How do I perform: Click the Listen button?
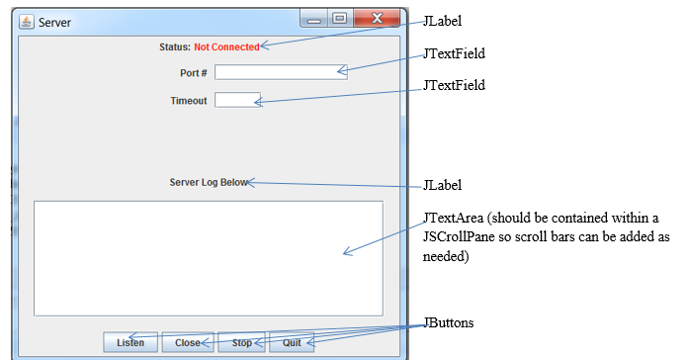point(130,343)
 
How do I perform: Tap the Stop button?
point(241,343)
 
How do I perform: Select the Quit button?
point(292,343)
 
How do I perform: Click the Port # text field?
point(281,72)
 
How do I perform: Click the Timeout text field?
point(237,100)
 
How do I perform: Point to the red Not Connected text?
point(226,46)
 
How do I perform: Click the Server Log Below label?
point(209,182)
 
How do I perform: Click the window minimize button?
point(315,19)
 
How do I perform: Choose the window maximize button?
point(339,19)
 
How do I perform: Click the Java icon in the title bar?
point(27,21)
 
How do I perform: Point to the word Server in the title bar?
point(54,21)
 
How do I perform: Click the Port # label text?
point(193,73)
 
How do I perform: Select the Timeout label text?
point(188,101)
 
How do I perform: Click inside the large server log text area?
point(208,257)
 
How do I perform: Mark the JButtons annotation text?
point(450,323)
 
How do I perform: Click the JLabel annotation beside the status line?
point(441,20)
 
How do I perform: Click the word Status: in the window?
point(174,46)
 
